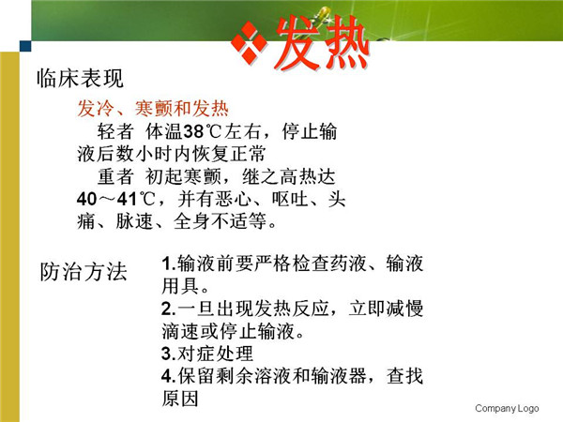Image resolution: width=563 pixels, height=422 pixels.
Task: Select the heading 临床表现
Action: [x=80, y=78]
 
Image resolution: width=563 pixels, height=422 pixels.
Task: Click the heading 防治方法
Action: [x=84, y=271]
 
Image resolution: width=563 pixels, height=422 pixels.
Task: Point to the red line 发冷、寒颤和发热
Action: [x=153, y=109]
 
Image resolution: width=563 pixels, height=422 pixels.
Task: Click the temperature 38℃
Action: [x=202, y=131]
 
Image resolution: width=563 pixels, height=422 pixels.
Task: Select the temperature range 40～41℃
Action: [x=115, y=199]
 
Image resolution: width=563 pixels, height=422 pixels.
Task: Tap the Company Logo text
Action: [x=507, y=408]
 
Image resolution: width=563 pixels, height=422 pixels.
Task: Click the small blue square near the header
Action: [x=25, y=46]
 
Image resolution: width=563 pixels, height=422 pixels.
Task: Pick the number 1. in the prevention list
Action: [x=169, y=264]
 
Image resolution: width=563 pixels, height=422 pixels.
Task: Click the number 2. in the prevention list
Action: [x=169, y=309]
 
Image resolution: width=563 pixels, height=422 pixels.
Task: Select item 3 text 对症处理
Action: [x=216, y=354]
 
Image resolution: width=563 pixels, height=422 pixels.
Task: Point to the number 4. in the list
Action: [x=169, y=376]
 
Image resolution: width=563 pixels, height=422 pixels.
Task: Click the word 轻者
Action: [x=115, y=131]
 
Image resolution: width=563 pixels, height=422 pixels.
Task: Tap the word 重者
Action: [x=115, y=176]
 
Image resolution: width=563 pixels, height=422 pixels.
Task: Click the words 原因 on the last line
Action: [x=180, y=399]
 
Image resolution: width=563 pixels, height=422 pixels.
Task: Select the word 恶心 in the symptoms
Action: [x=234, y=199]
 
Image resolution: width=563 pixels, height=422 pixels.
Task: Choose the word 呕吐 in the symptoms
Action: [x=290, y=199]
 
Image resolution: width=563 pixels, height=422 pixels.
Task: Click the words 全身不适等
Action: [x=221, y=221]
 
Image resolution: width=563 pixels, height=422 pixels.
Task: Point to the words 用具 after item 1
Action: [x=180, y=286]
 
